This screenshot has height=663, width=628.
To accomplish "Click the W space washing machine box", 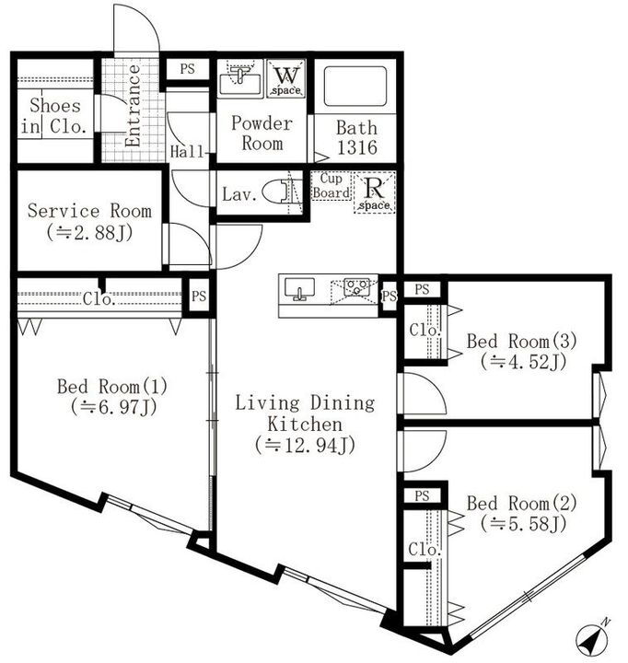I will coord(285,79).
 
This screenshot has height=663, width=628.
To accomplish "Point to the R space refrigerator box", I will coord(375,192).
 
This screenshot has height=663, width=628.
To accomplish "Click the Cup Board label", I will coord(332,186).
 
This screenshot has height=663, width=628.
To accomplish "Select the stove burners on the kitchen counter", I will coord(355,288).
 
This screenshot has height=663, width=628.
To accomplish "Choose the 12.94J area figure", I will coord(305,446).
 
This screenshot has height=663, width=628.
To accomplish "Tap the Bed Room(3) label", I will coord(521,342).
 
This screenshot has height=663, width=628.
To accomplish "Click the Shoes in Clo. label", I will coord(56,117).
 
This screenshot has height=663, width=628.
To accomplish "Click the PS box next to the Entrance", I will coord(187,68).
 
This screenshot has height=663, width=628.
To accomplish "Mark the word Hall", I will coord(187,152).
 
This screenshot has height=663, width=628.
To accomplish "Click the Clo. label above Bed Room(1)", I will coord(98,298).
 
